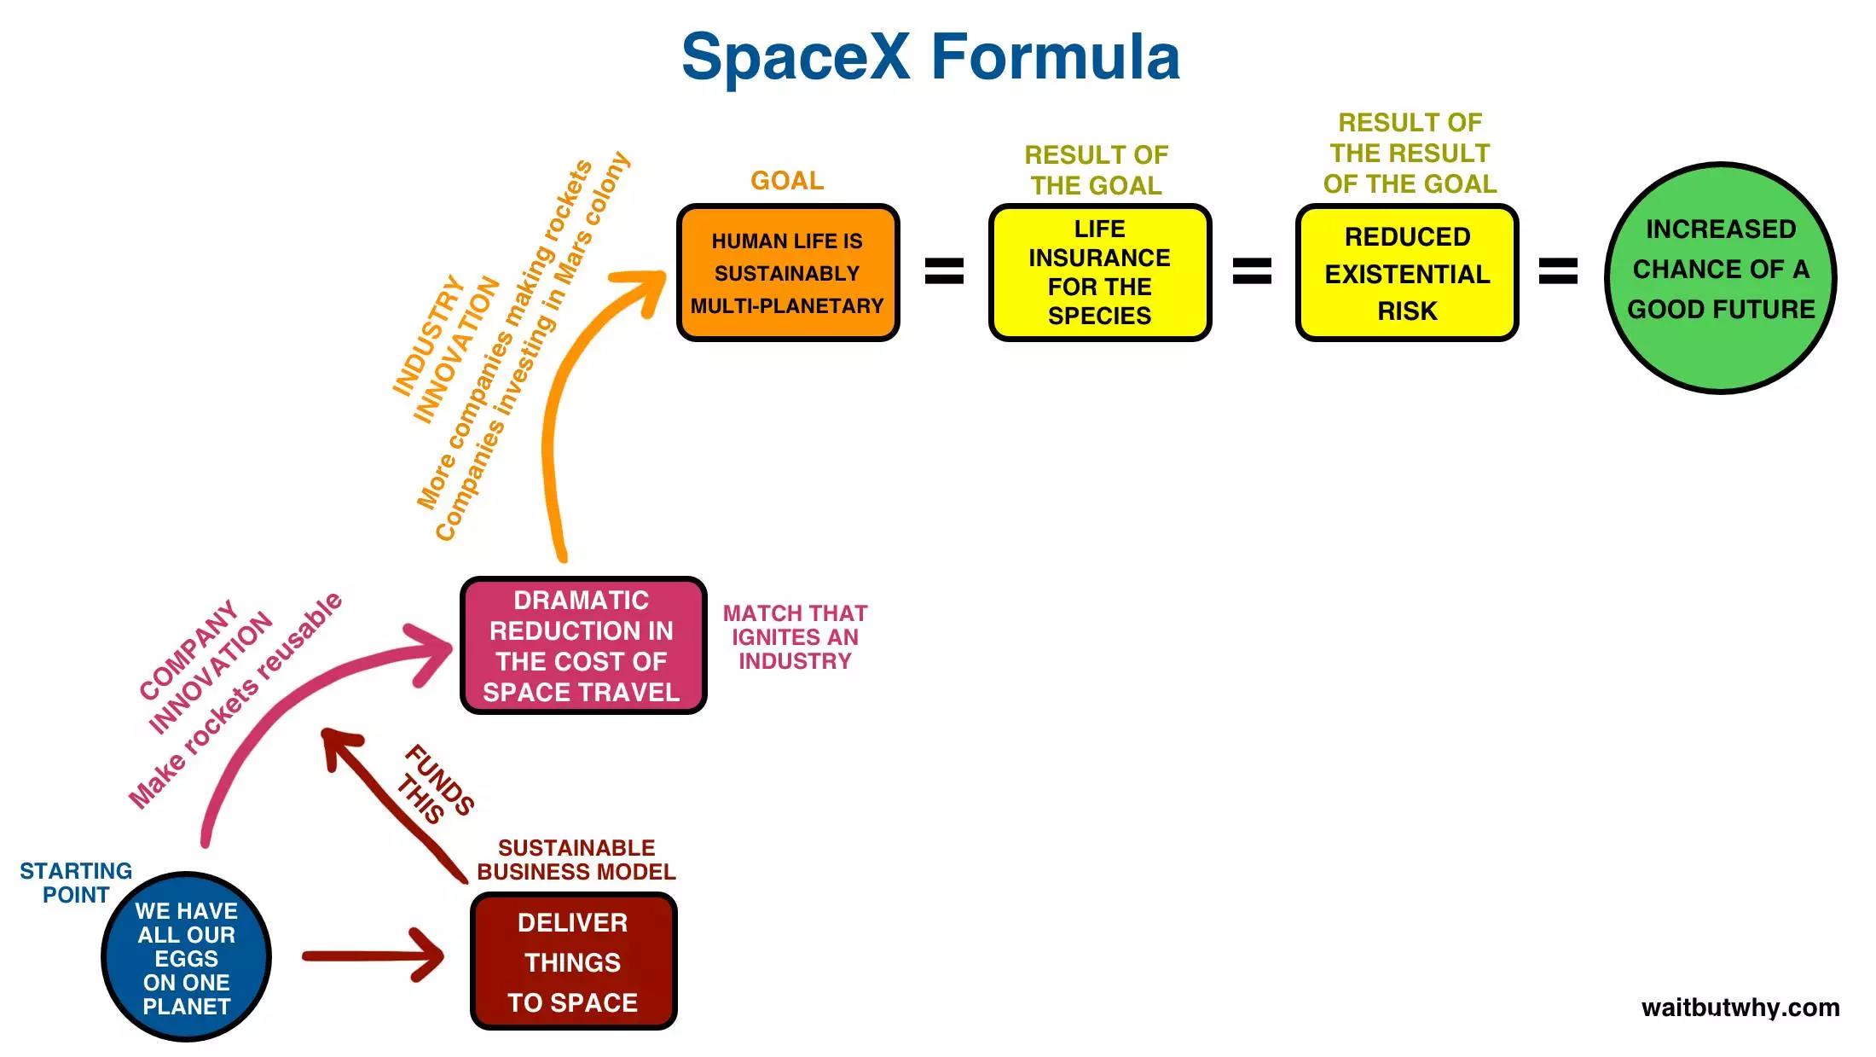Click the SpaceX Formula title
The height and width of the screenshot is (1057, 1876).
pyautogui.click(x=930, y=57)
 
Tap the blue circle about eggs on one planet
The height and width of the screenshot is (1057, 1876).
pyautogui.click(x=186, y=957)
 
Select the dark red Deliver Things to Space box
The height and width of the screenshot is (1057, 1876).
pyautogui.click(x=573, y=961)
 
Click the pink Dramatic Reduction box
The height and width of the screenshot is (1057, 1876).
pyautogui.click(x=582, y=646)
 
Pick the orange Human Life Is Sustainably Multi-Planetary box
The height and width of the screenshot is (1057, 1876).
pyautogui.click(x=787, y=273)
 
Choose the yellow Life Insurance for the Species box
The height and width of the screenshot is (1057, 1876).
pyautogui.click(x=1099, y=273)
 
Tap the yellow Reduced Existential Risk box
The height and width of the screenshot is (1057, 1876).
pyautogui.click(x=1407, y=273)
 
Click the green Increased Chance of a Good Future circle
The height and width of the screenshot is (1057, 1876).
pyautogui.click(x=1720, y=277)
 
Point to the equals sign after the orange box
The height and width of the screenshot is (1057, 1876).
pyautogui.click(x=944, y=271)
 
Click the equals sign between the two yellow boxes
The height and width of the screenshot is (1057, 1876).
pyautogui.click(x=1252, y=271)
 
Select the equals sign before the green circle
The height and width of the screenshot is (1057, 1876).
pyautogui.click(x=1558, y=271)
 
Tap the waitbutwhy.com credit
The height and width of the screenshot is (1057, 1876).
pyautogui.click(x=1740, y=1008)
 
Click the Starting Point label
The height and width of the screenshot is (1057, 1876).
pyautogui.click(x=76, y=883)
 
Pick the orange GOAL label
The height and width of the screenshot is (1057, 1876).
pyautogui.click(x=787, y=181)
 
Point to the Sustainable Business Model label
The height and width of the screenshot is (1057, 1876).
pyautogui.click(x=576, y=860)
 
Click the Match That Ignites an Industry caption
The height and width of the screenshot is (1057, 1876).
pyautogui.click(x=795, y=637)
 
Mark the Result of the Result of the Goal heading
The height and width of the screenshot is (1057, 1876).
pyautogui.click(x=1410, y=154)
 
